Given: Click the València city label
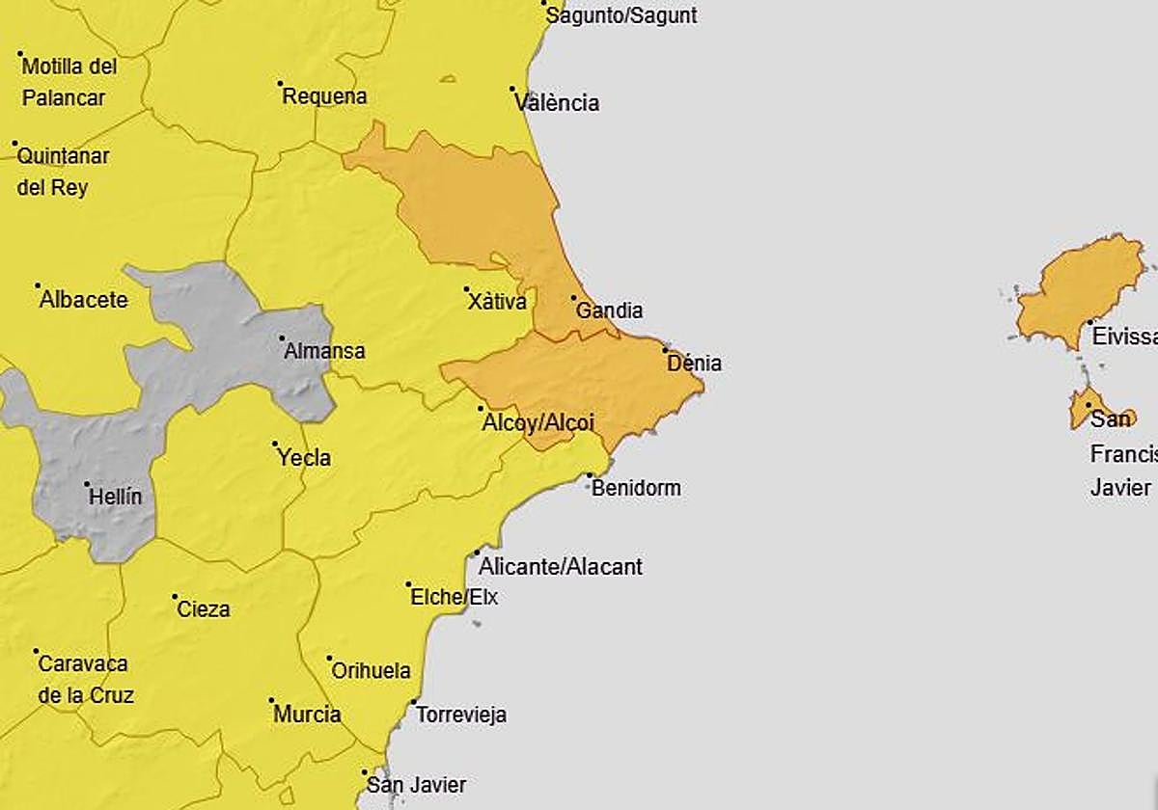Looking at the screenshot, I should (558, 103).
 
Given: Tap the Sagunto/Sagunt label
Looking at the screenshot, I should (621, 15).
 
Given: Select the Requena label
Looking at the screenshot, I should (325, 96).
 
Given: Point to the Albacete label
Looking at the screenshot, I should (84, 300).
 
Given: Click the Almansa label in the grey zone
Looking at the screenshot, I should (325, 351).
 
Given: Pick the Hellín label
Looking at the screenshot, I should (115, 498).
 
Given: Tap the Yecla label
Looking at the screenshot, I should (304, 457).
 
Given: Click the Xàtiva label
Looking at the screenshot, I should (498, 302).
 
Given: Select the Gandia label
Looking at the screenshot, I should (609, 310).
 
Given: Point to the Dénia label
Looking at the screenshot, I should (695, 364).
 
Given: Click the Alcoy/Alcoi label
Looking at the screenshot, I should (538, 422).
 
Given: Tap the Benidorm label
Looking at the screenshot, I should (636, 488).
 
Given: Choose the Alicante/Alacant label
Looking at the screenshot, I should (561, 566).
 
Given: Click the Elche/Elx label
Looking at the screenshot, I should (455, 597).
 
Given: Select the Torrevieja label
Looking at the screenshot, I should (461, 715).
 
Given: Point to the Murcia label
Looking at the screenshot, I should (308, 715).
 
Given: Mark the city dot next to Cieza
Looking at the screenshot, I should (175, 597).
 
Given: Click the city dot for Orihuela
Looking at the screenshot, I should (329, 659).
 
